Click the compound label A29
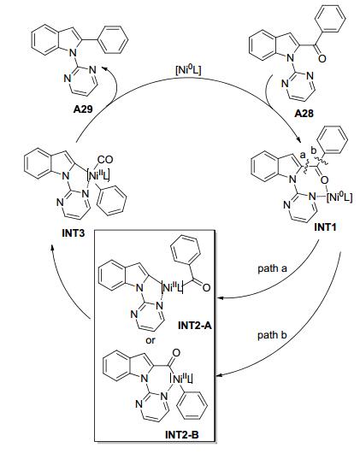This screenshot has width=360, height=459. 83,109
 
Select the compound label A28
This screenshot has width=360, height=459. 304,113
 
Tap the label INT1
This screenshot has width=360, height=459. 325,227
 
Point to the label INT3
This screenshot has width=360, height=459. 74,233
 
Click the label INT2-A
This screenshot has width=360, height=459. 194,326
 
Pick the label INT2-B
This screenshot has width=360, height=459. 182,435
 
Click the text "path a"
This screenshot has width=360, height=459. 272,268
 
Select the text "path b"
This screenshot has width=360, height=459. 272,335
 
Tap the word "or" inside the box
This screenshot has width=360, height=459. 150,340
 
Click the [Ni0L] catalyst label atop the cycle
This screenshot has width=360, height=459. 188,71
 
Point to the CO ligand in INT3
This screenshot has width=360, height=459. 105,160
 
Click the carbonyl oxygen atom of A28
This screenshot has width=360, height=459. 322,58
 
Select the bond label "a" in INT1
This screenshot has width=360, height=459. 303,154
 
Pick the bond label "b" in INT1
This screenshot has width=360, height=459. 314,151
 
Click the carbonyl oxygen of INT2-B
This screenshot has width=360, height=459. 176,353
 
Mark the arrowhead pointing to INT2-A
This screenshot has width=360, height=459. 219,298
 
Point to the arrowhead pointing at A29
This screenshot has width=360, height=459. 103,68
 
